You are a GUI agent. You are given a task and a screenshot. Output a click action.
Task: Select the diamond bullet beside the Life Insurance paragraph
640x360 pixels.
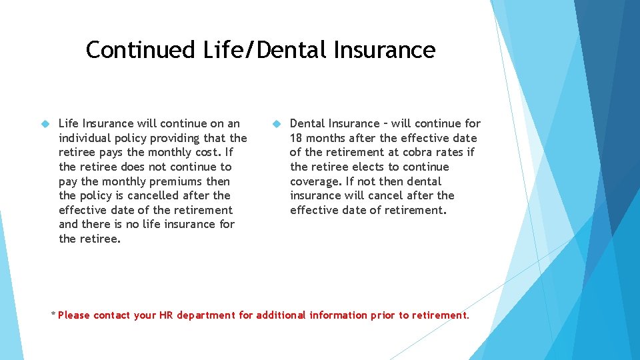[45, 124]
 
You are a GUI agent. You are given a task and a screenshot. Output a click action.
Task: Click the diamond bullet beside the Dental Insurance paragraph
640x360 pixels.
[276, 124]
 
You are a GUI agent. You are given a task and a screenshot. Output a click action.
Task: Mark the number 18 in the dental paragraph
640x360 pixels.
[297, 138]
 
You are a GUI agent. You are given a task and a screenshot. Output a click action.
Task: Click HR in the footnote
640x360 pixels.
[166, 315]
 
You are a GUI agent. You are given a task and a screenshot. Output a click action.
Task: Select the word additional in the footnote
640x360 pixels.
[281, 315]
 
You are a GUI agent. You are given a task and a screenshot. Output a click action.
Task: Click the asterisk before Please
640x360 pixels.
[53, 313]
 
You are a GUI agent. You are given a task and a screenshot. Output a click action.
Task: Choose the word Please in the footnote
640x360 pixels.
[74, 315]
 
